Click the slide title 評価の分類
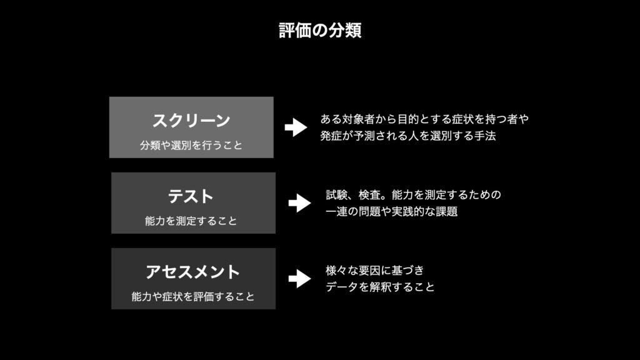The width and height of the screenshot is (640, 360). coord(320,31)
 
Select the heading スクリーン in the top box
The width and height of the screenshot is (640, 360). coord(191,119)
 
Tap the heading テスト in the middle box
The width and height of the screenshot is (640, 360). coord(191,197)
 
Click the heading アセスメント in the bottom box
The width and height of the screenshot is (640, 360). coord(192,272)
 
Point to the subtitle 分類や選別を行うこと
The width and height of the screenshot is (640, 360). coord(191,146)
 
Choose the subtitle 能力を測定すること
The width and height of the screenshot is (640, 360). coord(191,221)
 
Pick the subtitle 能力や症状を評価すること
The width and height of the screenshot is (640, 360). coord(193,297)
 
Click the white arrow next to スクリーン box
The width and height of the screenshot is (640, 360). coord(295,127)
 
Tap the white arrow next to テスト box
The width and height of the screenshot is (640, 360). coord(299,203)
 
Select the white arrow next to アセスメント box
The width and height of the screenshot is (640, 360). coord(299,278)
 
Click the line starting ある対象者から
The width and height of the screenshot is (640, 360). coord(424,119)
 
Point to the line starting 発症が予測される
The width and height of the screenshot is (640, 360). coord(407,136)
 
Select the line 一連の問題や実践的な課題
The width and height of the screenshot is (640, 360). coord(392,212)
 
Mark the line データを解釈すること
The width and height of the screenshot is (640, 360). coord(380,287)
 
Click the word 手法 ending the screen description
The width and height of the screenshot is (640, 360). coord(485,136)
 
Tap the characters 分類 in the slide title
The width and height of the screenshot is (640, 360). coord(347,31)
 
